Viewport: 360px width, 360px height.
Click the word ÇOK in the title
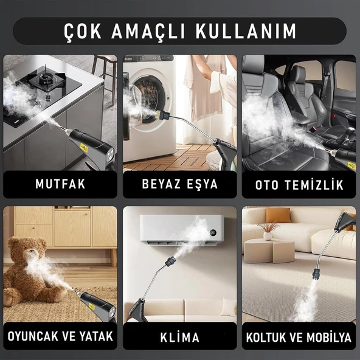tap(85, 30)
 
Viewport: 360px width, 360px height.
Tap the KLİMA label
tap(179, 336)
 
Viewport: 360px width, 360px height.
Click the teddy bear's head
tap(28, 251)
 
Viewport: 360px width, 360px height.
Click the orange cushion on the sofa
tap(278, 215)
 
